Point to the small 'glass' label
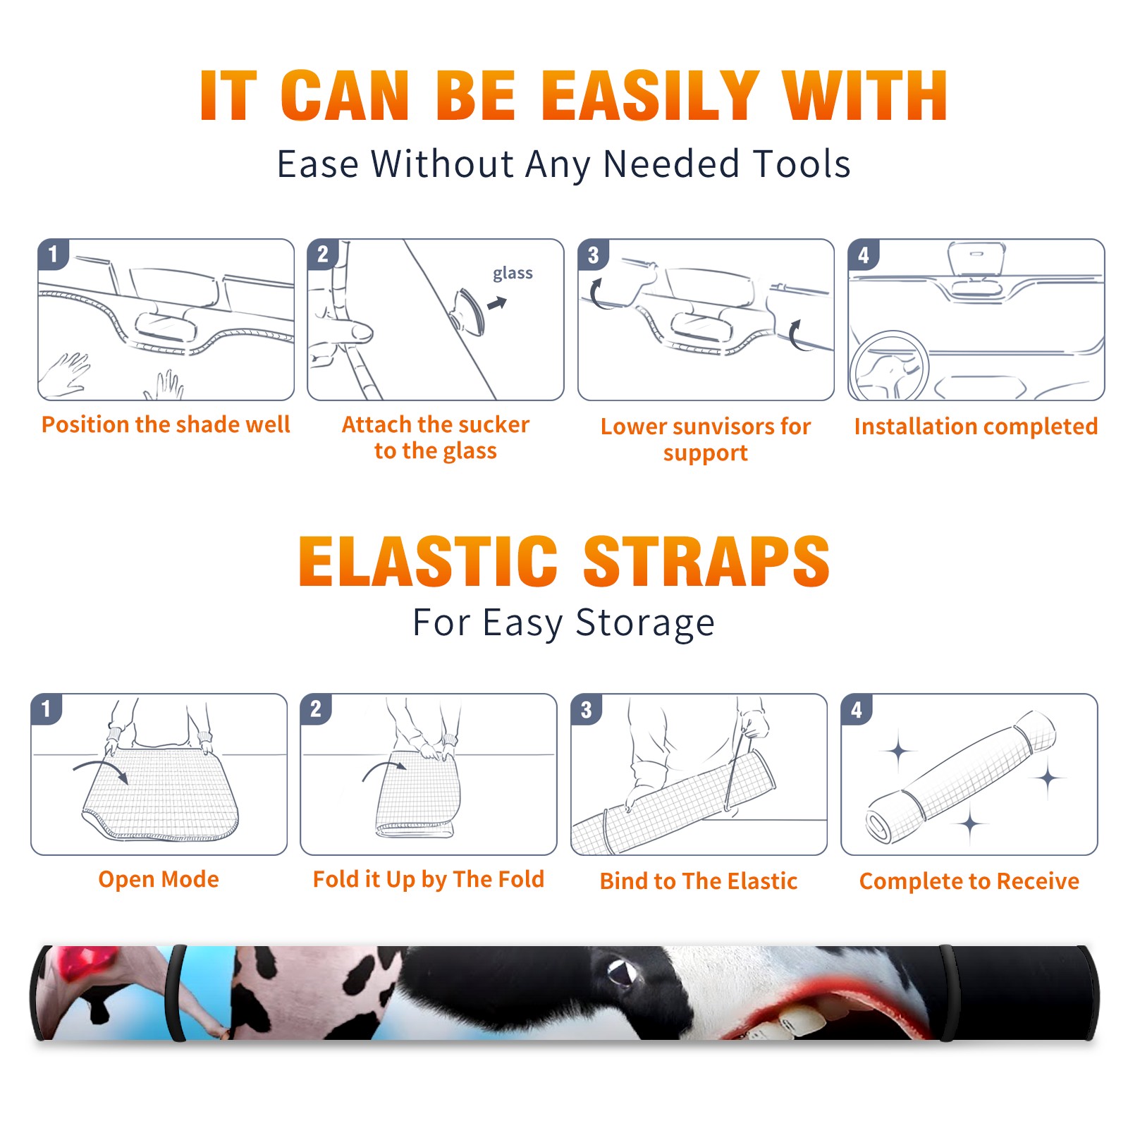click(x=513, y=273)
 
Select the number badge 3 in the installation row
click(x=593, y=255)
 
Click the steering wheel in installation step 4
click(x=889, y=366)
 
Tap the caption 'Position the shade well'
click(x=166, y=424)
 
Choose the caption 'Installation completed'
click(x=976, y=427)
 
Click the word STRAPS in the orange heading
click(x=706, y=561)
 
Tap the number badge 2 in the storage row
click(x=315, y=709)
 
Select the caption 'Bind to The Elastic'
click(x=698, y=881)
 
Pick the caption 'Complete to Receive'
click(x=969, y=881)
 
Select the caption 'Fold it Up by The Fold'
click(x=429, y=879)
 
